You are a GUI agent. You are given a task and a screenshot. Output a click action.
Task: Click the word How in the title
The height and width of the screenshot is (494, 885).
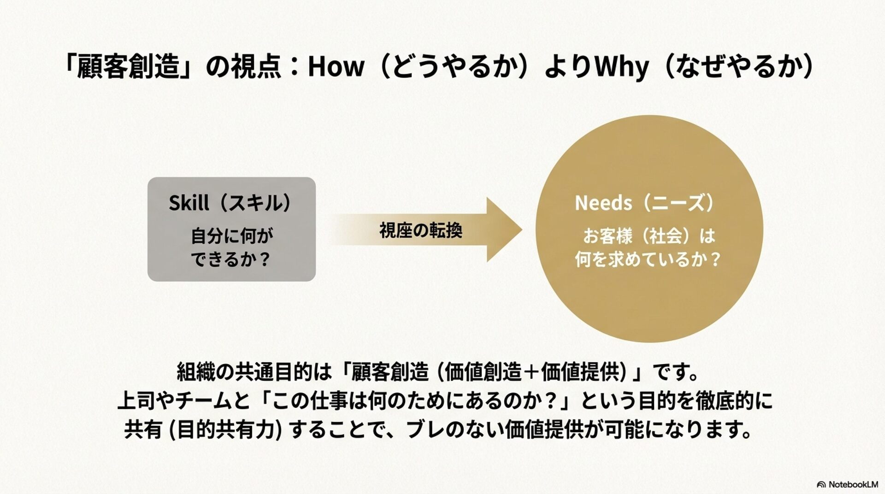coord(336,67)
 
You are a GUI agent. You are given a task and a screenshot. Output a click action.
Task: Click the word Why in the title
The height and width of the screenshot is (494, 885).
coord(622,67)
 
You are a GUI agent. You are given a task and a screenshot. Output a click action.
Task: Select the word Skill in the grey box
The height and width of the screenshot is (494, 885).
coord(189,203)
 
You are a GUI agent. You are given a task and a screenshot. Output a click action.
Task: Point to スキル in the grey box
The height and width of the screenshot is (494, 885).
coord(255,203)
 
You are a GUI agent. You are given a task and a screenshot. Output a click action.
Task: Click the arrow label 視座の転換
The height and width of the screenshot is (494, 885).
coord(421,230)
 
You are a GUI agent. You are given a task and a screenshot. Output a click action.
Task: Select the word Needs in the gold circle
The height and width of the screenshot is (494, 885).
coord(603,203)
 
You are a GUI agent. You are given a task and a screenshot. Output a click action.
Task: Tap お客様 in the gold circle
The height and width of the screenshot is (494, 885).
coord(608,236)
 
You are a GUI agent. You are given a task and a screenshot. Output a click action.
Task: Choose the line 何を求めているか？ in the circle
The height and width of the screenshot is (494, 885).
coord(647,260)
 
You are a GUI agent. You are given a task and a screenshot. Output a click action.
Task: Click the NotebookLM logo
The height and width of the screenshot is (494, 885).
coord(847,484)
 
